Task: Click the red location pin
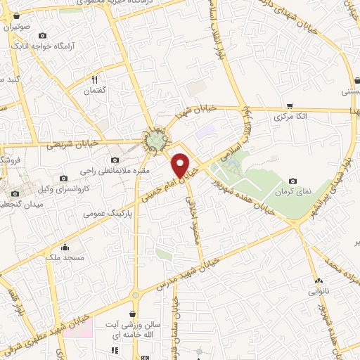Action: [x=181, y=165]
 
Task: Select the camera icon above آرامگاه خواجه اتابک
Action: [x=43, y=36]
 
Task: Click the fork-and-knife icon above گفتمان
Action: [x=94, y=79]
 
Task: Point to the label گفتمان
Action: [x=94, y=91]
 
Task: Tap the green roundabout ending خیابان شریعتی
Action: [x=155, y=141]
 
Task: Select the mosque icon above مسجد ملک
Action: [x=65, y=247]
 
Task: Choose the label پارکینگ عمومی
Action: [x=108, y=211]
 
